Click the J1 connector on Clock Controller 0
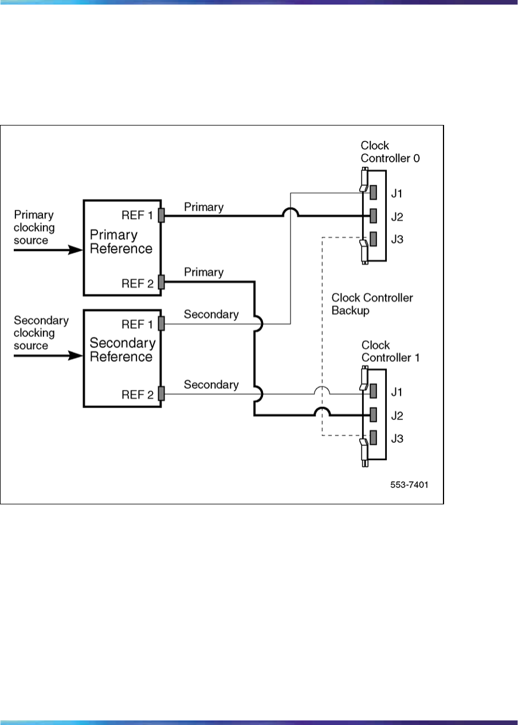pyautogui.click(x=373, y=191)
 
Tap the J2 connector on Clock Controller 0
pyautogui.click(x=373, y=215)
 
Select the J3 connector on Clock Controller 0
pyautogui.click(x=373, y=238)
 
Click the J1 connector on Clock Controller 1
pyautogui.click(x=373, y=391)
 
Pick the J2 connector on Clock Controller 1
pyautogui.click(x=373, y=415)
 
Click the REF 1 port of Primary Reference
pyautogui.click(x=162, y=215)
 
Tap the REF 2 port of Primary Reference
pyautogui.click(x=162, y=281)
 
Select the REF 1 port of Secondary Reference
pyautogui.click(x=162, y=324)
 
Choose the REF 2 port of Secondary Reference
pyautogui.click(x=162, y=394)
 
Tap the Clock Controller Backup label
pyautogui.click(x=372, y=304)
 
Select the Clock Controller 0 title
pyautogui.click(x=390, y=152)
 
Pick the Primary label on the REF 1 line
pyautogui.click(x=203, y=207)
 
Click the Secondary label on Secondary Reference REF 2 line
pyautogui.click(x=211, y=385)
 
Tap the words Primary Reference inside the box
pyautogui.click(x=120, y=242)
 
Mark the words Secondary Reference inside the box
pyautogui.click(x=123, y=350)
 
